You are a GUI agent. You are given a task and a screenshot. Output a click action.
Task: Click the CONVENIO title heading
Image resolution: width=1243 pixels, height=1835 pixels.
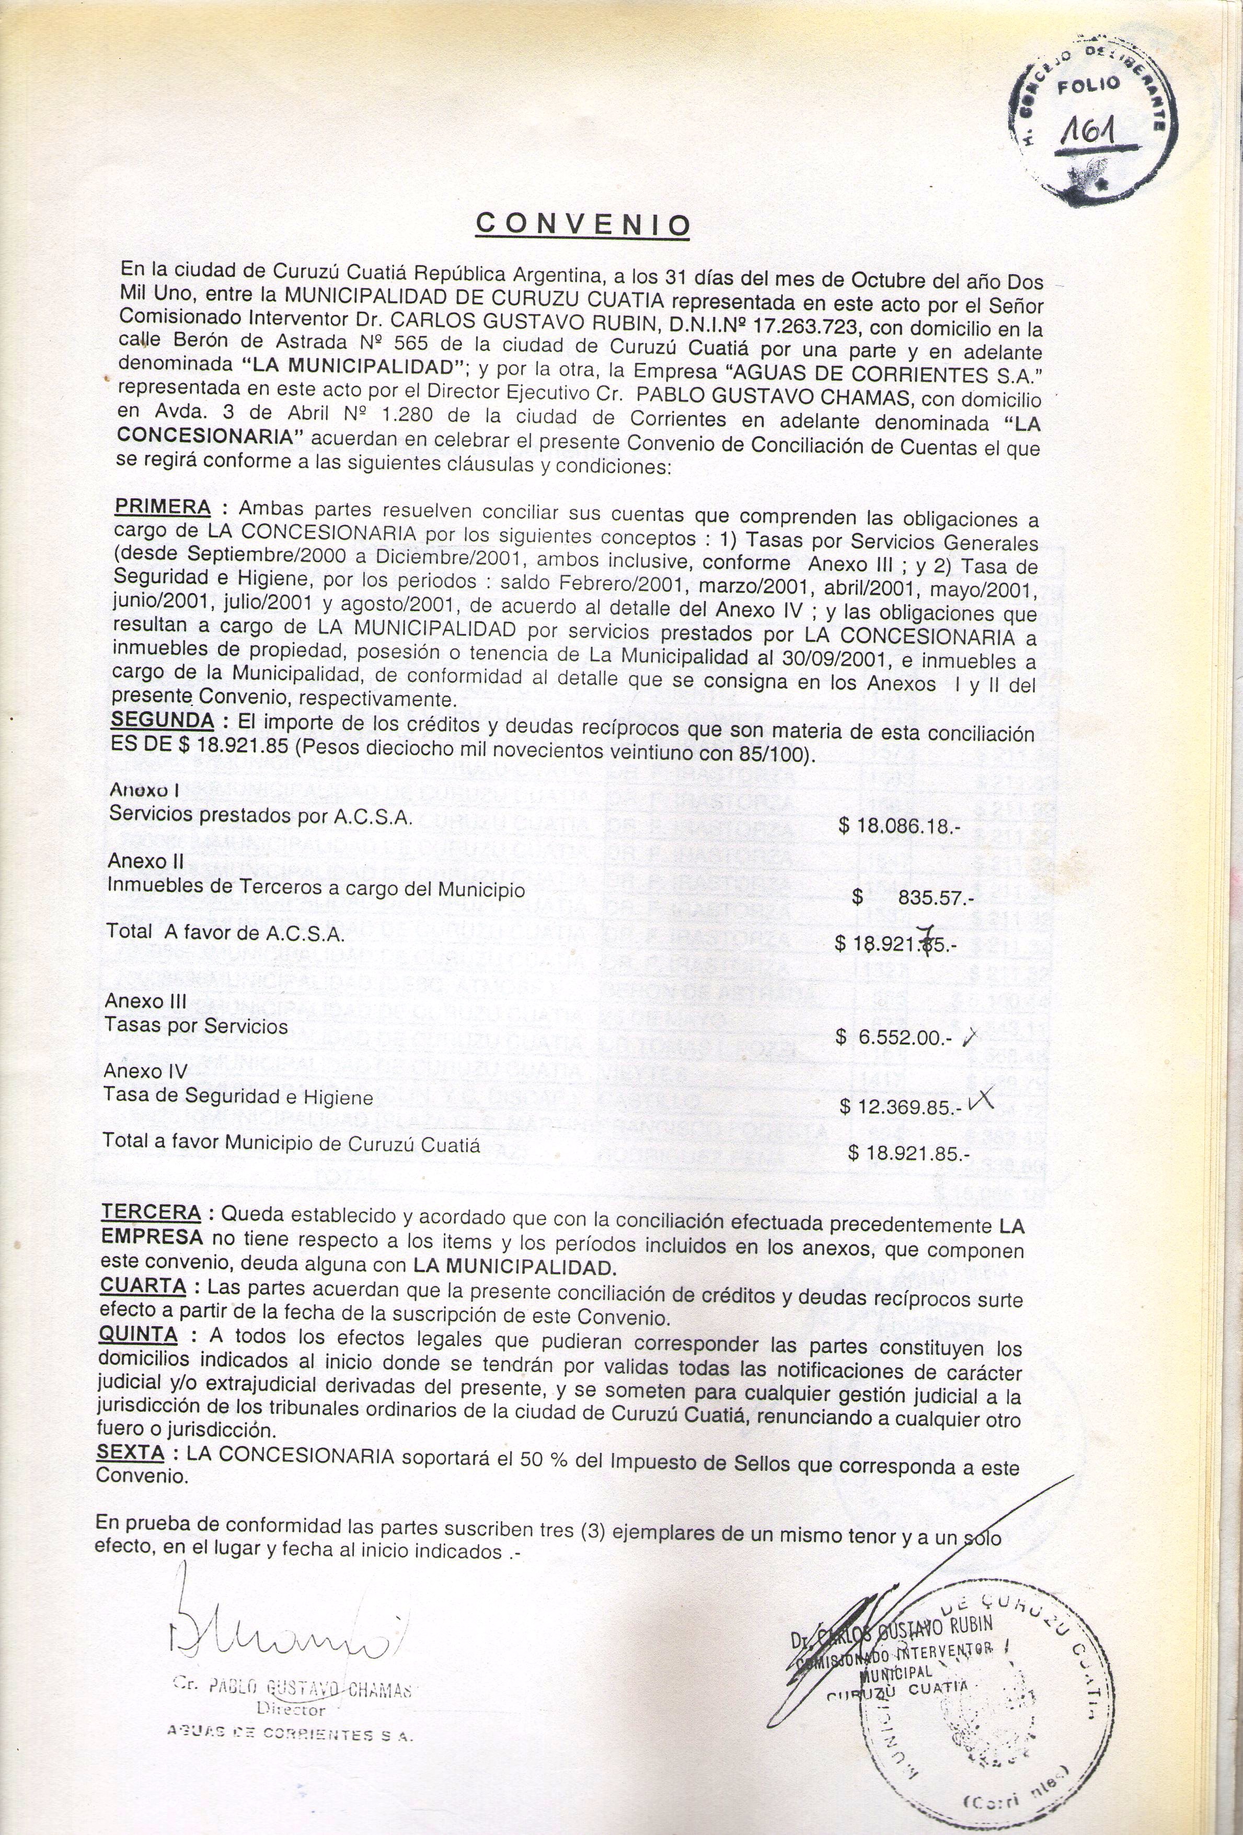click(582, 224)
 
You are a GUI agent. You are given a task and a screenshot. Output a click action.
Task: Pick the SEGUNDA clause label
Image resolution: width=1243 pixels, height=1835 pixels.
click(162, 720)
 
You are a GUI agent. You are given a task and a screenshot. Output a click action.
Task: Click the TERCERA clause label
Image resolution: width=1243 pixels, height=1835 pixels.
click(150, 1234)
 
